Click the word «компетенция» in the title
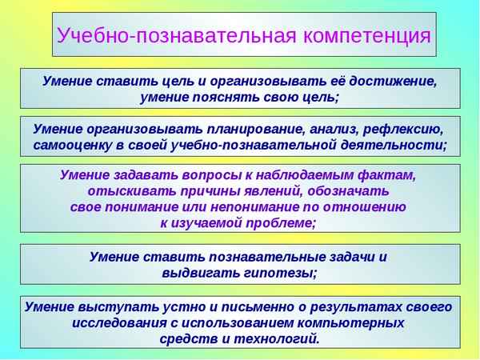pyautogui.click(x=367, y=36)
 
